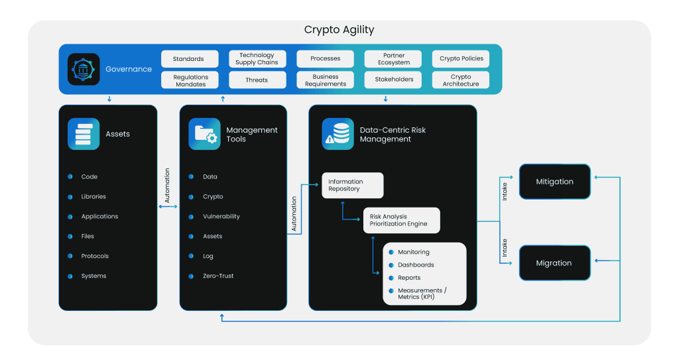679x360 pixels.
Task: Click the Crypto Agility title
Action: click(x=339, y=30)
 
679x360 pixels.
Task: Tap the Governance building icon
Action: click(x=84, y=69)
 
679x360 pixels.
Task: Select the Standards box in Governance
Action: click(x=188, y=59)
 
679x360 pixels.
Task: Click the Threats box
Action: click(x=257, y=80)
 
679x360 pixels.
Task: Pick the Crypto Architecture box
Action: click(x=460, y=80)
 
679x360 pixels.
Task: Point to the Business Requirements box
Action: click(x=325, y=80)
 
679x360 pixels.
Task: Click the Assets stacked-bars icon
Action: click(x=84, y=134)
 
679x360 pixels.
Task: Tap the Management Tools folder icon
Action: click(x=204, y=134)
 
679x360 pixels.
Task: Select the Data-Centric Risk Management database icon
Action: click(x=338, y=134)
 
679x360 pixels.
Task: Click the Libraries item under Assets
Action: click(x=93, y=197)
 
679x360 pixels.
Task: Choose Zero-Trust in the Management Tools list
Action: click(x=218, y=276)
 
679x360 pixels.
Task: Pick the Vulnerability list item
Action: click(x=221, y=217)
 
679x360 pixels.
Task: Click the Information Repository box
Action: click(x=353, y=185)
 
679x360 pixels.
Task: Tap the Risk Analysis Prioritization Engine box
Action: click(x=401, y=220)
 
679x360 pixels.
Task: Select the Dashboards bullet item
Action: click(x=416, y=265)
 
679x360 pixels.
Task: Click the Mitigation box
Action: click(x=554, y=182)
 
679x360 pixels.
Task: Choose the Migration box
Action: click(x=554, y=263)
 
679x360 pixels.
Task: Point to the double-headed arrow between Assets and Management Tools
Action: click(x=168, y=207)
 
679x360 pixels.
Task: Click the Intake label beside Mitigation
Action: click(x=505, y=192)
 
